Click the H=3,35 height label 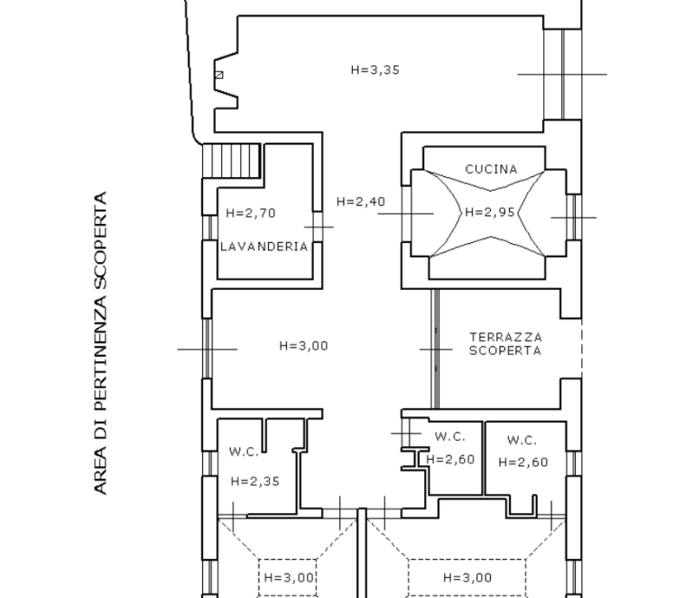click(x=375, y=70)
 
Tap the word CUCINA click(x=491, y=170)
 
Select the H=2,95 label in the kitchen click(x=490, y=212)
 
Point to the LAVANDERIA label click(x=263, y=247)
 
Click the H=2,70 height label click(x=251, y=213)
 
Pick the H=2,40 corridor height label click(x=361, y=201)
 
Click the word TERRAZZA click(x=505, y=338)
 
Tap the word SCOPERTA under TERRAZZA click(x=505, y=350)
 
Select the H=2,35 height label click(x=255, y=481)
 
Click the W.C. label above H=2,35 click(x=244, y=452)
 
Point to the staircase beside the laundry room click(x=231, y=161)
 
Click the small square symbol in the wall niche click(x=219, y=75)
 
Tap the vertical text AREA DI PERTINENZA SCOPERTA click(x=101, y=342)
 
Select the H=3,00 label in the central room click(x=303, y=346)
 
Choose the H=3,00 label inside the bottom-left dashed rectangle click(x=289, y=577)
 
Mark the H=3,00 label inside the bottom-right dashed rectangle click(x=467, y=577)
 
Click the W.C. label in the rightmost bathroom click(x=522, y=441)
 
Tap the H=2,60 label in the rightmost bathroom click(x=522, y=463)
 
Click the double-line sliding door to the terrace click(x=435, y=349)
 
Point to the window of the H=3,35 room click(x=563, y=74)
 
